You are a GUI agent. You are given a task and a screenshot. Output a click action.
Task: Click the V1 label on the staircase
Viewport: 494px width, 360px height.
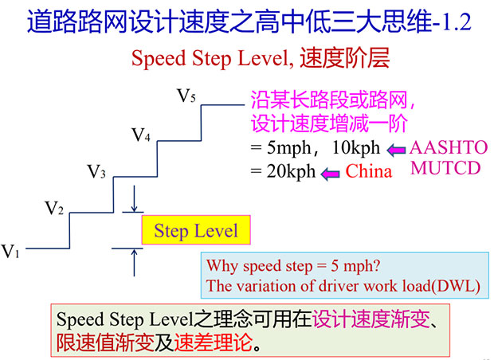click(x=10, y=252)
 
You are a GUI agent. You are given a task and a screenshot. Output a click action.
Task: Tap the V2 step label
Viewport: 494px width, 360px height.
click(x=54, y=208)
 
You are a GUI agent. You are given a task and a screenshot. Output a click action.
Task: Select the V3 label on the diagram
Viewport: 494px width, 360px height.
click(x=96, y=172)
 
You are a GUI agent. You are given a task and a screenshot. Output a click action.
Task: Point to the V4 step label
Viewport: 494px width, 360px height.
click(x=140, y=135)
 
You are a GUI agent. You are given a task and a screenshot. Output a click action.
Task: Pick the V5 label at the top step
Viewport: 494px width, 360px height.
click(x=186, y=96)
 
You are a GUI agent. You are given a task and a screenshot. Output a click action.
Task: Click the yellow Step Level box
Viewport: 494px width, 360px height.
click(x=196, y=230)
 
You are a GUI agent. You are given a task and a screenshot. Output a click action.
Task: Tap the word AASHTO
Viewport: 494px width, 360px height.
click(x=449, y=147)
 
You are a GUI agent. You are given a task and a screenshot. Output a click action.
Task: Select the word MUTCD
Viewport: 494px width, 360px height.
click(x=445, y=168)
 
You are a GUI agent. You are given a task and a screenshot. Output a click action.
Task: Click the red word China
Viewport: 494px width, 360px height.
click(x=369, y=172)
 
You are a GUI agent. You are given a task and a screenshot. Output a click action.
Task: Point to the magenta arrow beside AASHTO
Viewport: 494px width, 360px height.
click(x=396, y=150)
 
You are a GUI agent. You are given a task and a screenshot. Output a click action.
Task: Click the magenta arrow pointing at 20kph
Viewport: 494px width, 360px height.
click(x=330, y=174)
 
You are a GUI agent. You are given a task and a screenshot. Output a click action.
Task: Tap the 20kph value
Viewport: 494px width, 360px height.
click(x=291, y=172)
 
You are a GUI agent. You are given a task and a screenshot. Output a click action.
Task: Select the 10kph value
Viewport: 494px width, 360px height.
click(x=356, y=147)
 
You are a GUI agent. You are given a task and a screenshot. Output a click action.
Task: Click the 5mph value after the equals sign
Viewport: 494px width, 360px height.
click(x=289, y=147)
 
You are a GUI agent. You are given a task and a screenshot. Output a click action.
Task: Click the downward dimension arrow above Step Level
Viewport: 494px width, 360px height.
click(x=134, y=198)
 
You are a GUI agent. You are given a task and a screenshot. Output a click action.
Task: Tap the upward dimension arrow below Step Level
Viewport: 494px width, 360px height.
click(x=134, y=262)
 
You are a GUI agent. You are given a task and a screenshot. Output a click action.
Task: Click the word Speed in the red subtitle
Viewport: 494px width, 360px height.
click(x=159, y=59)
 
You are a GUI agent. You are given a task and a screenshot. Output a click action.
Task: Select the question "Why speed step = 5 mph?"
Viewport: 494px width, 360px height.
click(x=293, y=266)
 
